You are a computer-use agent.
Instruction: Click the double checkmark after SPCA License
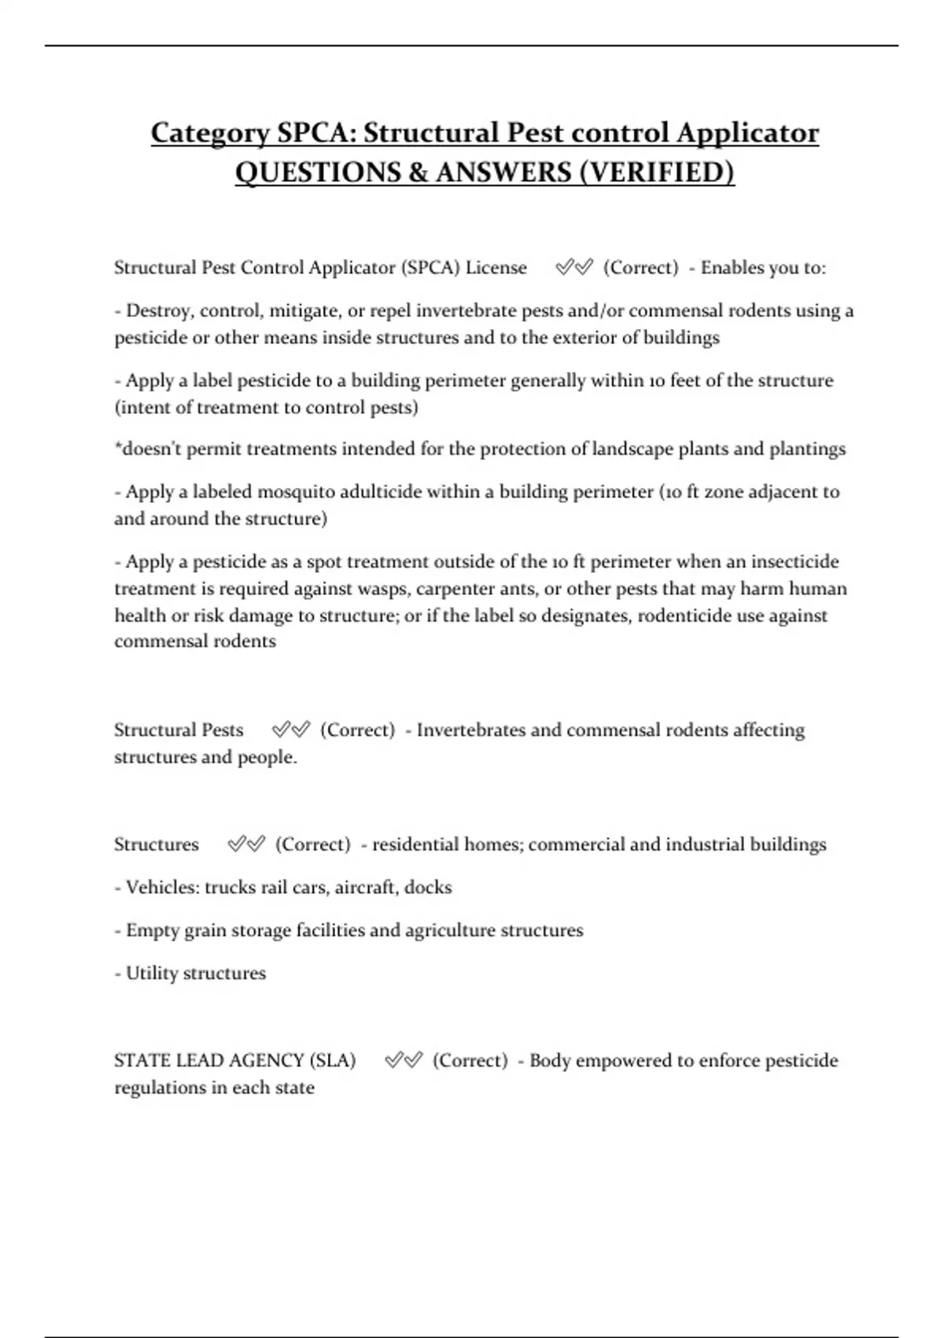[573, 268]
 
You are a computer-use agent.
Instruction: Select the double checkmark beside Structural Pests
[290, 730]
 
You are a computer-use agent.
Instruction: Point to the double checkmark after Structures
[245, 845]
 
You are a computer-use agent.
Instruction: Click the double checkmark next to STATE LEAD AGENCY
[403, 1060]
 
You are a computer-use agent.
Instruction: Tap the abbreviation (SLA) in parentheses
[333, 1060]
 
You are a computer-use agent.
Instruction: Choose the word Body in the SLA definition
[550, 1060]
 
